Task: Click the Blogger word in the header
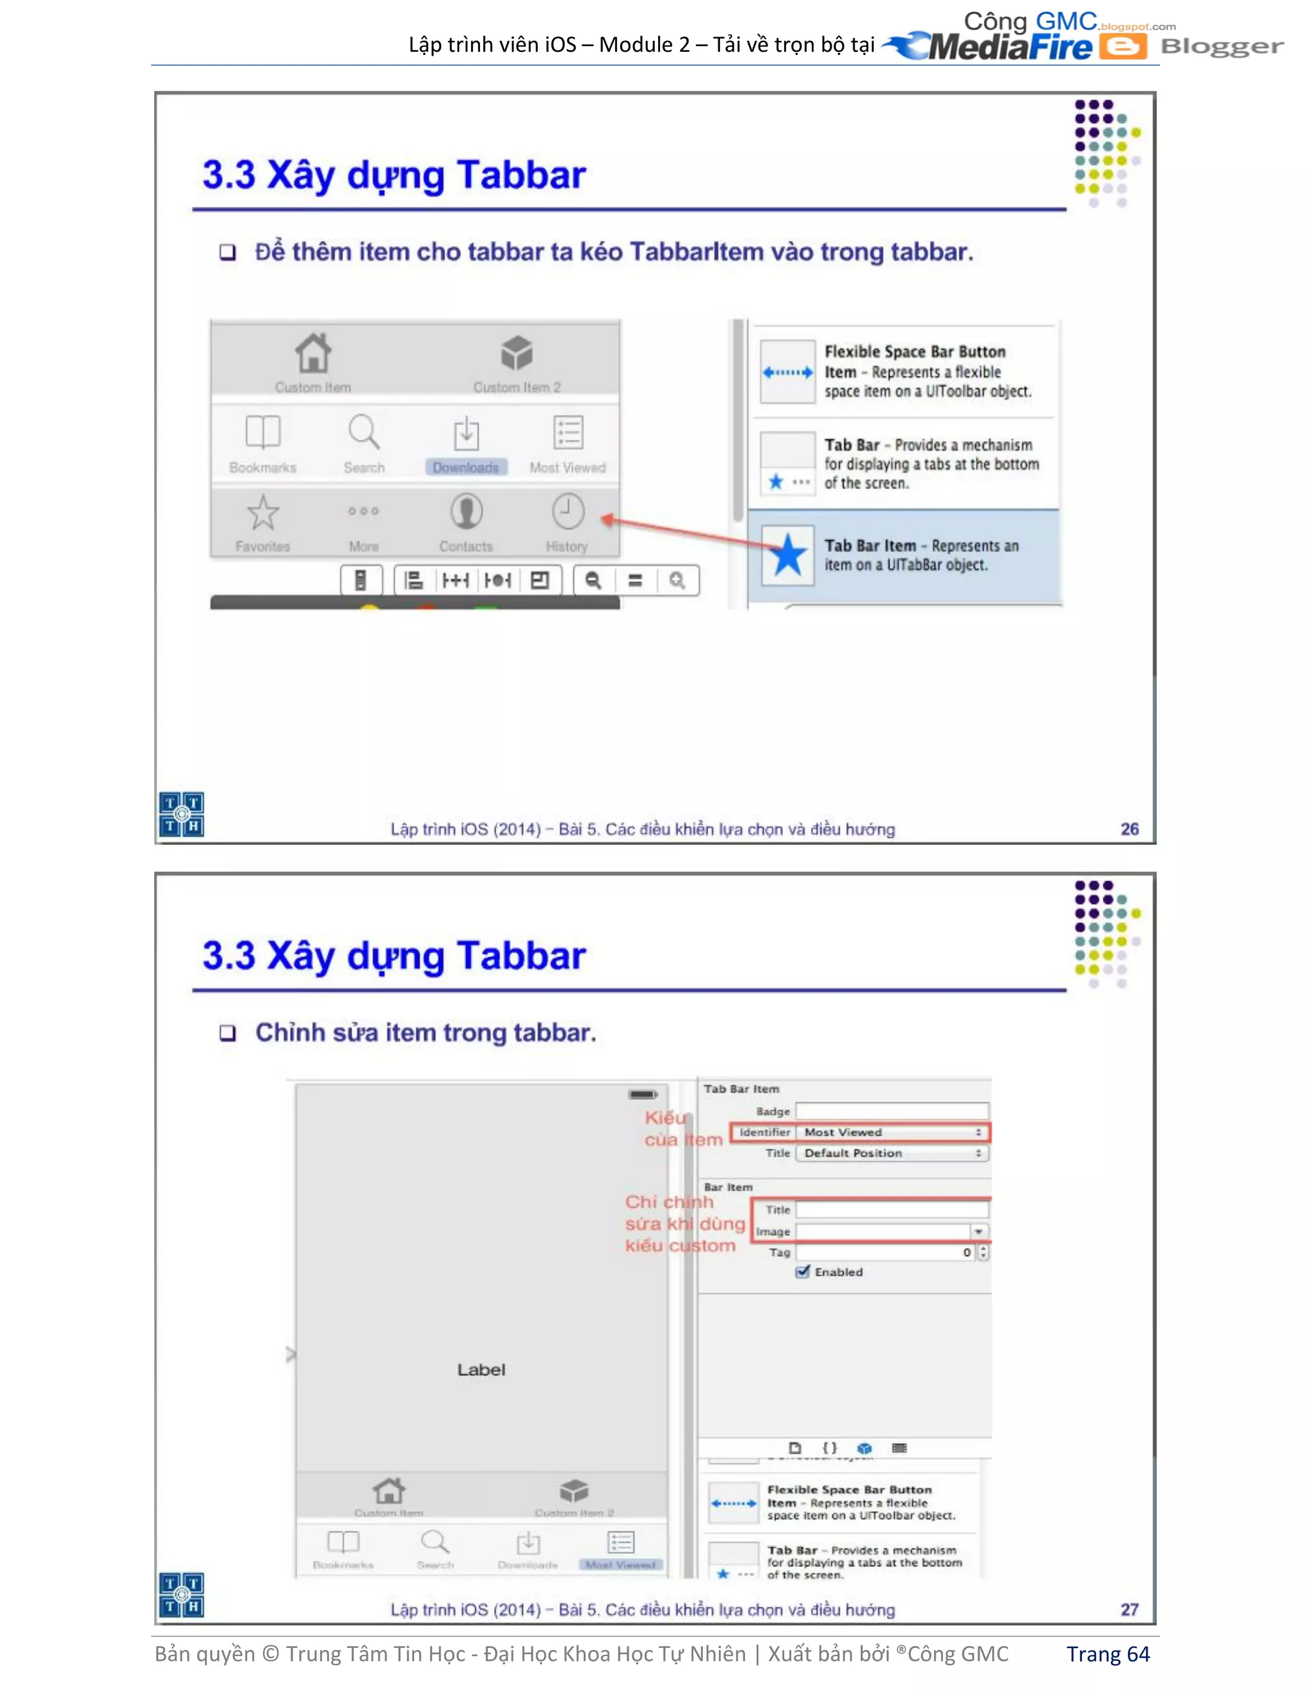point(1221,47)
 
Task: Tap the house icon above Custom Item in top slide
point(313,353)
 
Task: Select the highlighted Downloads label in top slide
point(466,467)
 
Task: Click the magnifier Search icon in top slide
point(364,432)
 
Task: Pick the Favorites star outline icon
point(262,513)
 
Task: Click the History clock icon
point(567,513)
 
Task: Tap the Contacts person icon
point(466,513)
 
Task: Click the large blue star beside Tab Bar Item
point(787,556)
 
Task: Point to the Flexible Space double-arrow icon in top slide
point(787,372)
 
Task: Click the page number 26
point(1129,829)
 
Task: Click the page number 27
point(1129,1609)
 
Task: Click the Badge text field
point(892,1111)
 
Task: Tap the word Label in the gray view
point(481,1370)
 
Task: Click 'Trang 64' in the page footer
point(1107,1654)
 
